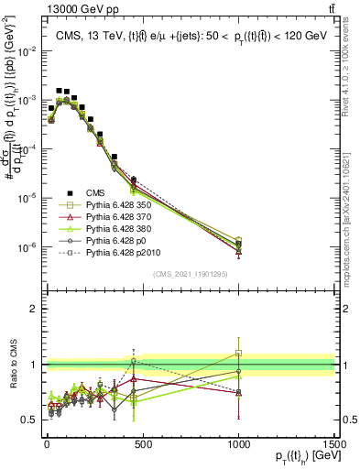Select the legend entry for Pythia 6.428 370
(119, 217)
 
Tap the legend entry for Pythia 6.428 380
(119, 229)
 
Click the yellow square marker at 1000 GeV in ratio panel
(238, 353)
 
